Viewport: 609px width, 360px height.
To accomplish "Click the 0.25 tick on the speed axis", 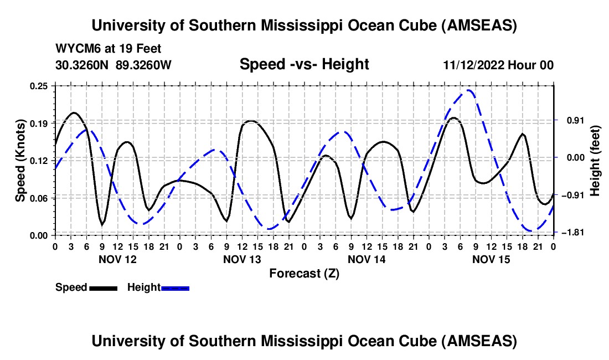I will point(40,86).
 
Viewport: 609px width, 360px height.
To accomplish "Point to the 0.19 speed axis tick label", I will point(40,123).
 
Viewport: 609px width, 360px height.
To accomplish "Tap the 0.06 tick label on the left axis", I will point(40,198).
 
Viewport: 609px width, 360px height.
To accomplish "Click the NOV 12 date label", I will point(117,259).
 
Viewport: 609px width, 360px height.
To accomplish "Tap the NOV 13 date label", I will point(242,259).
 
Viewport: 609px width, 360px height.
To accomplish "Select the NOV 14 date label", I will point(367,259).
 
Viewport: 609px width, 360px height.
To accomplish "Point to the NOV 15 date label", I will point(491,259).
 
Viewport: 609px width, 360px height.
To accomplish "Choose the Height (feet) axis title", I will point(596,160).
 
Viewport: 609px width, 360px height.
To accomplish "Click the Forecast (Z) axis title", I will point(304,273).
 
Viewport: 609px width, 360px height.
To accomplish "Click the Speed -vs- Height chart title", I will point(304,64).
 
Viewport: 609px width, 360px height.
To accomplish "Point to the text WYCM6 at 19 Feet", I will point(109,49).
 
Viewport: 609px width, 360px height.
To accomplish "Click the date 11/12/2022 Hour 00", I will point(498,65).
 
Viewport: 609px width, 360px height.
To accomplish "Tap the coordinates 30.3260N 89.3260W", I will point(113,65).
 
